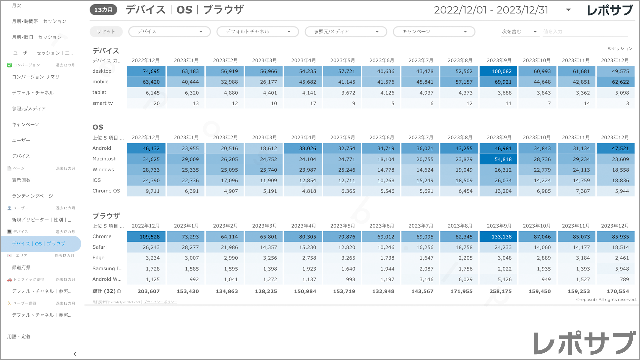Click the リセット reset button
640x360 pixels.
(106, 32)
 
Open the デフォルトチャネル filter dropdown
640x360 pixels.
(257, 32)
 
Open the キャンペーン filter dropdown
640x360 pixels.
(434, 32)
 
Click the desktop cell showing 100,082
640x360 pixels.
(498, 71)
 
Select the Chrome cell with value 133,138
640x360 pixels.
(498, 237)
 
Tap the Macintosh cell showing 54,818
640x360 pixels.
(498, 159)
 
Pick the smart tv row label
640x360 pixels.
(103, 103)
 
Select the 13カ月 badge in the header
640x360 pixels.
(103, 10)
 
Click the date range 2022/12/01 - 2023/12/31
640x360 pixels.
(491, 10)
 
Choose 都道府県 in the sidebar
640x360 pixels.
(21, 267)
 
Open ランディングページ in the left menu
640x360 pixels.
(33, 196)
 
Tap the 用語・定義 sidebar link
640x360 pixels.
(19, 337)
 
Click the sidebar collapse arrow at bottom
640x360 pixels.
(75, 354)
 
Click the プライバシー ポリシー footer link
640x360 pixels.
(160, 302)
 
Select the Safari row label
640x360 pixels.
(99, 247)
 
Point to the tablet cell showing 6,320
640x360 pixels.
(186, 93)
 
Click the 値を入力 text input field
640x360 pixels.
(585, 32)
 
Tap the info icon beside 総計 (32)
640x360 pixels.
(119, 291)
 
